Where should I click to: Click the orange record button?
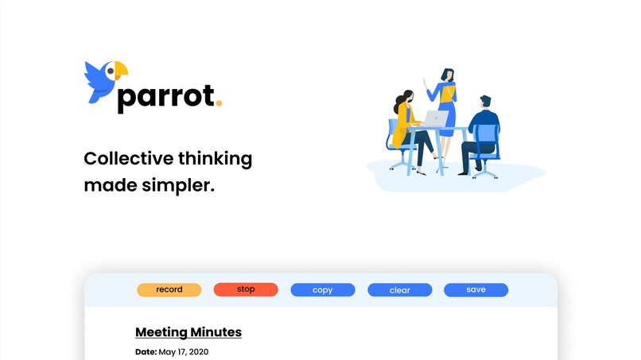coord(169,290)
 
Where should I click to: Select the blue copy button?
coord(322,290)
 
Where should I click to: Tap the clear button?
coord(399,290)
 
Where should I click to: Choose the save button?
coord(476,290)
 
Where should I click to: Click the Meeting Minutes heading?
coord(188,332)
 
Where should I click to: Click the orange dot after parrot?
coord(219,103)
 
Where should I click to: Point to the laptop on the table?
coord(437,119)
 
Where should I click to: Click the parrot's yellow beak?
coord(121,71)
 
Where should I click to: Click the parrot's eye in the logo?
coord(110,72)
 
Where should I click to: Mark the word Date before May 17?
coord(146,351)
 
